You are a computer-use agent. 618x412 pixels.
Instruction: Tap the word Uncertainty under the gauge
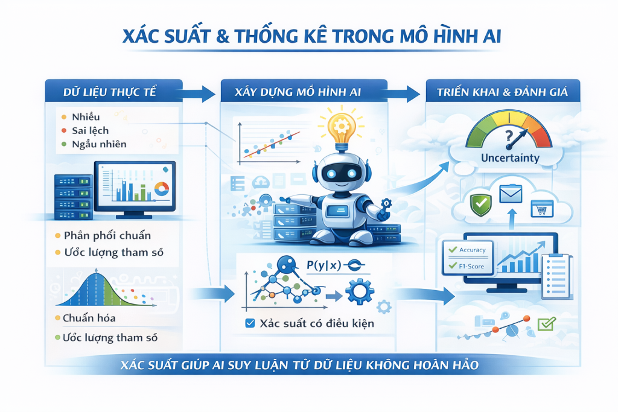[x=510, y=158]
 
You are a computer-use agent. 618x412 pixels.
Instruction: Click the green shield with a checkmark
[x=481, y=204]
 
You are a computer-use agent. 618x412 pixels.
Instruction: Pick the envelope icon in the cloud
[x=511, y=194]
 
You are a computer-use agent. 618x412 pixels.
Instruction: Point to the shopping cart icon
[x=541, y=209]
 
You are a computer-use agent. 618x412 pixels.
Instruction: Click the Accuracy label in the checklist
[x=472, y=250]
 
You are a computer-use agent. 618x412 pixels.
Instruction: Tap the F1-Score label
[x=471, y=266]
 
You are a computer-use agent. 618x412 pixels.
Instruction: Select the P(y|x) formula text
[x=324, y=265]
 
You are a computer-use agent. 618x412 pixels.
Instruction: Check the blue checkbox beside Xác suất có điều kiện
[x=250, y=323]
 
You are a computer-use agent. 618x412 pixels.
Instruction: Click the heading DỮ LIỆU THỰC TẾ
[x=110, y=92]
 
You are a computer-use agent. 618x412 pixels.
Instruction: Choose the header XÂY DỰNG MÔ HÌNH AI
[x=298, y=92]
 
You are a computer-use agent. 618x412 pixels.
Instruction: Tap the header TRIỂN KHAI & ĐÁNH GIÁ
[x=502, y=92]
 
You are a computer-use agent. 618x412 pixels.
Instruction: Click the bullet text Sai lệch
[x=91, y=130]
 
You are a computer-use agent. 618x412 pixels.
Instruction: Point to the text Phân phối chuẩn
[x=107, y=235]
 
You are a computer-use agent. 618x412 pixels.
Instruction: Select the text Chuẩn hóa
[x=89, y=318]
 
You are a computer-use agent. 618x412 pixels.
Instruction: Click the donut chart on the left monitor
[x=162, y=189]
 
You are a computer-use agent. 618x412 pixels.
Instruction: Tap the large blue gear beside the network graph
[x=360, y=291]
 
